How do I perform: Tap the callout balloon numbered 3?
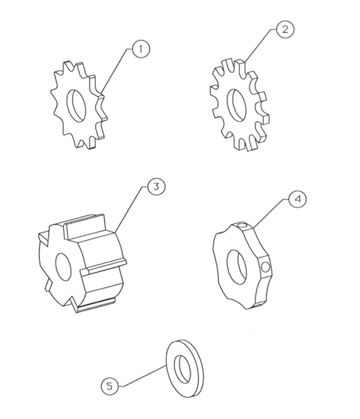155,187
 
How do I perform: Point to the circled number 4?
297,199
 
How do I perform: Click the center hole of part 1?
76,106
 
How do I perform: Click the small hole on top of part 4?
241,226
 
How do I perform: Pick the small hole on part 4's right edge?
266,268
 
